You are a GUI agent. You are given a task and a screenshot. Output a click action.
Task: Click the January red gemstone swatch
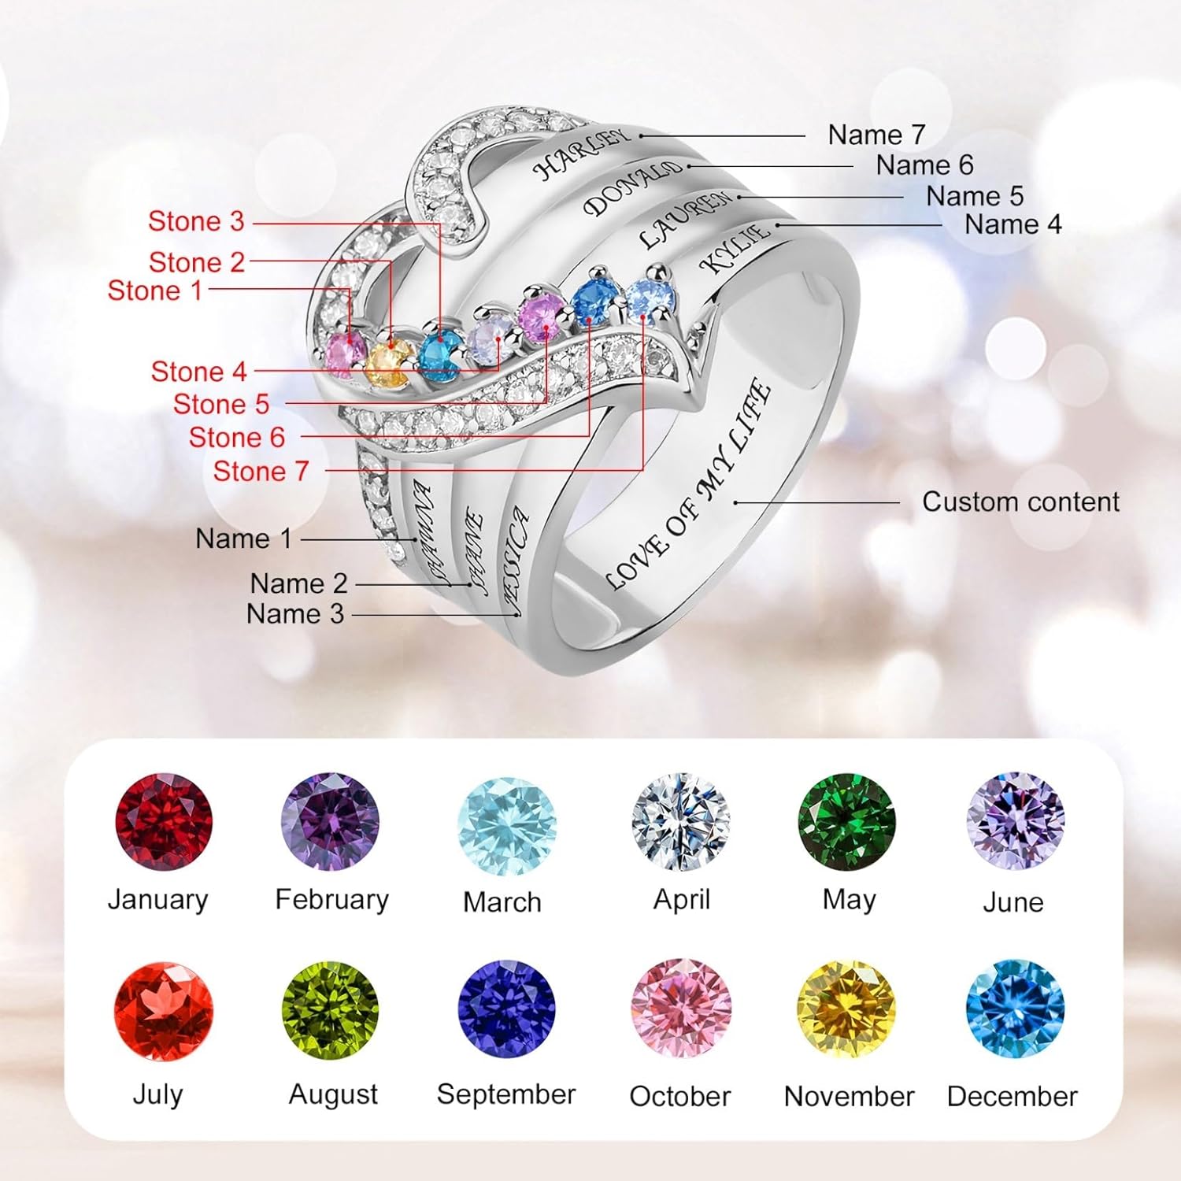pyautogui.click(x=163, y=821)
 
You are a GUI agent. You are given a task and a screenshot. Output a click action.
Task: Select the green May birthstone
pyautogui.click(x=846, y=821)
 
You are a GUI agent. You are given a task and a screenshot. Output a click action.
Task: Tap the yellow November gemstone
pyautogui.click(x=846, y=1009)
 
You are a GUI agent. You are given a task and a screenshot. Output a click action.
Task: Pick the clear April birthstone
pyautogui.click(x=681, y=821)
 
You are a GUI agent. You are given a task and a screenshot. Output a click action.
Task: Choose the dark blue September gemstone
pyautogui.click(x=506, y=1009)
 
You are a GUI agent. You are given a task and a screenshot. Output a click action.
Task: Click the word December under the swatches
pyautogui.click(x=1012, y=1096)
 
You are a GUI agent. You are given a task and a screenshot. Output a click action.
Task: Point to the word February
pyautogui.click(x=331, y=899)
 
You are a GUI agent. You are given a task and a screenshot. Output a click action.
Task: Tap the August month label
pyautogui.click(x=333, y=1094)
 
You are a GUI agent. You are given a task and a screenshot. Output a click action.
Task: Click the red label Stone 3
pyautogui.click(x=196, y=221)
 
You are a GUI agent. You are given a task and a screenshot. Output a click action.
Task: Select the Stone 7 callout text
pyautogui.click(x=261, y=471)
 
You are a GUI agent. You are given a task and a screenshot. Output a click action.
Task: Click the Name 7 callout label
pyautogui.click(x=876, y=135)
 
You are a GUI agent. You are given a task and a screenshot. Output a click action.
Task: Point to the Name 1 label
pyautogui.click(x=243, y=539)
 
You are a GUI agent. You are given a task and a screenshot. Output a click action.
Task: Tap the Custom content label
pyautogui.click(x=1020, y=502)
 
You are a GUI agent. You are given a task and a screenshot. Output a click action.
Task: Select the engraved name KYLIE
pyautogui.click(x=735, y=247)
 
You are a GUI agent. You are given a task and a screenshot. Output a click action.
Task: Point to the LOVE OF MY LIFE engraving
pyautogui.click(x=688, y=484)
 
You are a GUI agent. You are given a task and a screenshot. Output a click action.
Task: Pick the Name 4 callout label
pyautogui.click(x=1013, y=224)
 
